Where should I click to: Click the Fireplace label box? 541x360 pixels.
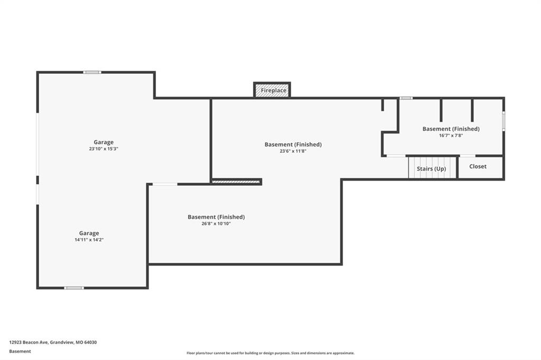(272, 90)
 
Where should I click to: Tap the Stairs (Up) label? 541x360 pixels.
(431, 168)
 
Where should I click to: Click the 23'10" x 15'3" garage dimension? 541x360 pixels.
(104, 149)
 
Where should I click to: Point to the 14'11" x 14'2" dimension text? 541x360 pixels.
(89, 240)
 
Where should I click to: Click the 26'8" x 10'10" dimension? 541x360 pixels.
(216, 223)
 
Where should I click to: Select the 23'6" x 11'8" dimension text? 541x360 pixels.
(293, 151)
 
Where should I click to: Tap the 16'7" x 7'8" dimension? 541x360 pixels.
(451, 136)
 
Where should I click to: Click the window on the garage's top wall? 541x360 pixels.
(92, 72)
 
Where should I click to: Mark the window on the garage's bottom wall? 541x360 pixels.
(74, 288)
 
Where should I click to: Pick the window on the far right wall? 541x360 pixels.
(503, 121)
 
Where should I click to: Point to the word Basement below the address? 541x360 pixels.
(20, 352)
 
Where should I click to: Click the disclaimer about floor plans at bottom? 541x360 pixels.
(270, 353)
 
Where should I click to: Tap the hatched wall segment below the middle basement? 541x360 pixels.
(236, 182)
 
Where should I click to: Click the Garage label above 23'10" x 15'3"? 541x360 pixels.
(104, 142)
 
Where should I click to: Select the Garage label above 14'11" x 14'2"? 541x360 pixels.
(89, 233)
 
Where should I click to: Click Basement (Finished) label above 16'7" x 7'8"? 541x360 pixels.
(451, 129)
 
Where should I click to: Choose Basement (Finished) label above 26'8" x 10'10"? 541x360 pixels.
(216, 217)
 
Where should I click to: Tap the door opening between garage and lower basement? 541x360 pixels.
(165, 184)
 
